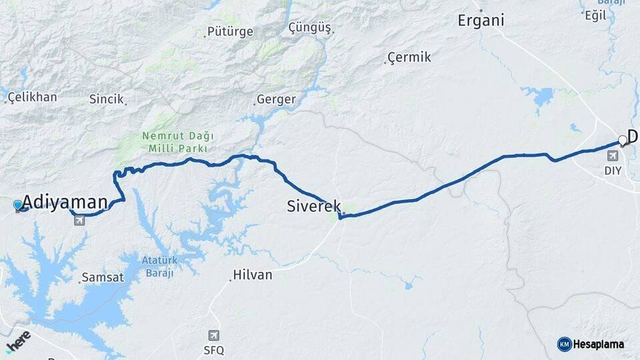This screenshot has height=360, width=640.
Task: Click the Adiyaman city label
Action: coord(65,203)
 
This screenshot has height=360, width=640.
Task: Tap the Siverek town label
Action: coord(314,206)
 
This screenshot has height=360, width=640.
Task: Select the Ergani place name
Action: coord(481,20)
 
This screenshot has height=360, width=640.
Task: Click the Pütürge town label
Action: coord(230,31)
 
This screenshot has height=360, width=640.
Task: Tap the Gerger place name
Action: coord(275,99)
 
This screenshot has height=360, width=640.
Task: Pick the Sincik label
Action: coord(107,99)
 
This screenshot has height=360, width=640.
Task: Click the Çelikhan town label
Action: coord(33,97)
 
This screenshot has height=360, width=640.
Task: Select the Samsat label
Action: coord(102,277)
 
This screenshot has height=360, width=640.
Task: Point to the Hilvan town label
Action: coord(252,275)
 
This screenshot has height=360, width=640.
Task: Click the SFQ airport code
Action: coord(213,350)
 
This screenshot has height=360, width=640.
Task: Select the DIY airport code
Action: coord(613,170)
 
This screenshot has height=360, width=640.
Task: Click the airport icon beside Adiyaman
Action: coord(79,220)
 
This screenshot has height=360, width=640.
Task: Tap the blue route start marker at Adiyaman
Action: coord(18,205)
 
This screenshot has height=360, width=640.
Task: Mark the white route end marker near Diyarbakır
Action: coord(622,140)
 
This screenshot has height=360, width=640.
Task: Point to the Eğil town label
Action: coord(595,15)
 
